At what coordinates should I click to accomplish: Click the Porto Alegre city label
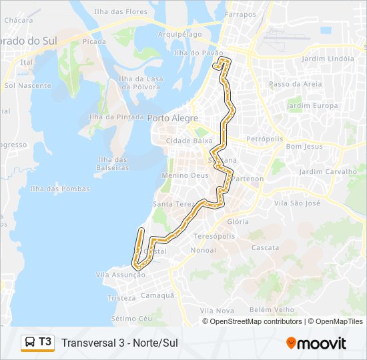173,118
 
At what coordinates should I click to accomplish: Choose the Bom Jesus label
304,146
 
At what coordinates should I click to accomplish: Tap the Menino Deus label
181,176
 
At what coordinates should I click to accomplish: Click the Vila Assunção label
121,275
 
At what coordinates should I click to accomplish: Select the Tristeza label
121,298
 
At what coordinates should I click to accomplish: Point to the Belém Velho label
272,309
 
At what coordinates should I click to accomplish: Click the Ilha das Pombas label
59,189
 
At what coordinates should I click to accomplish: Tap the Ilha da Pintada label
116,117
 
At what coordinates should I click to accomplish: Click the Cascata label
265,247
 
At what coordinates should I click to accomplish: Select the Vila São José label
298,203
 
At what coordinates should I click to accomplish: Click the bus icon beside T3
31,343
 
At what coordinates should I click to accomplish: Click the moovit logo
316,343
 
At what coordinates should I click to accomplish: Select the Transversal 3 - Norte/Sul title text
119,343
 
